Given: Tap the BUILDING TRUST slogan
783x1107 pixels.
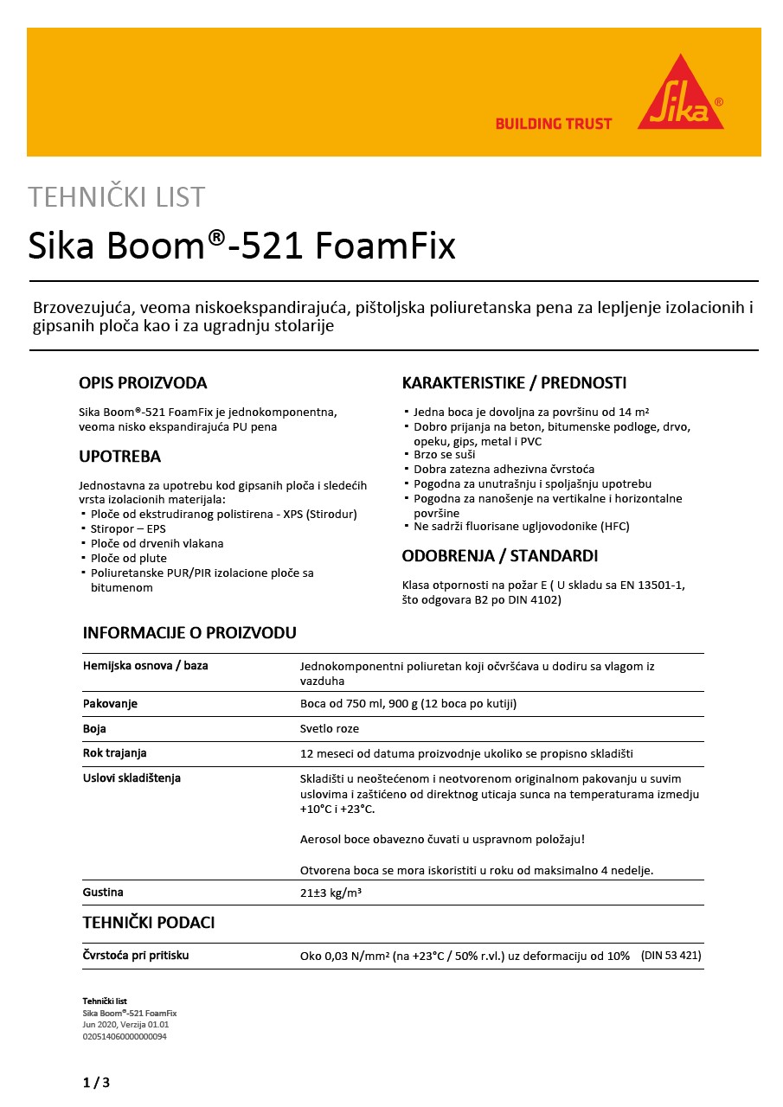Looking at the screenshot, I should [x=553, y=124].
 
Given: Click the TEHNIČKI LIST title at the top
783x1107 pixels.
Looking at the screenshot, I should [x=117, y=197].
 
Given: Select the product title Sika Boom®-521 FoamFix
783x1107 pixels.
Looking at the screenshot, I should [x=242, y=246].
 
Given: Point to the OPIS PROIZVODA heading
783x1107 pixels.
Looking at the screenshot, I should [x=143, y=383].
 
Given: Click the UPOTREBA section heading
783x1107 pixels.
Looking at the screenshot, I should [x=119, y=457].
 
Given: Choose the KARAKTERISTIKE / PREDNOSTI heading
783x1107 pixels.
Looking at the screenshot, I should [x=514, y=383].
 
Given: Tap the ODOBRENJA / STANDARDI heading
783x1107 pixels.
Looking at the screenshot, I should [x=500, y=556].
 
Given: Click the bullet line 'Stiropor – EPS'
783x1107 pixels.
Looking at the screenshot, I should [x=128, y=528].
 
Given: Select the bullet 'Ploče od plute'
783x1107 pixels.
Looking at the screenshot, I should [x=129, y=558].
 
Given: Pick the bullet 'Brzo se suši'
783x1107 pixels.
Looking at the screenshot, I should [x=446, y=454].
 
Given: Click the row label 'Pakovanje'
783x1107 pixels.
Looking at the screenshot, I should [x=110, y=704].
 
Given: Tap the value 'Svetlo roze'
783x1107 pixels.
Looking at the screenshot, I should [x=329, y=729].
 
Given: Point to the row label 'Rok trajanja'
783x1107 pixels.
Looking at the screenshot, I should [x=115, y=753].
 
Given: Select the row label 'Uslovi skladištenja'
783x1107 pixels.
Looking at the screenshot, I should [x=132, y=778].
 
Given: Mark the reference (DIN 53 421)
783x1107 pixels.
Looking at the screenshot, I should [x=671, y=956].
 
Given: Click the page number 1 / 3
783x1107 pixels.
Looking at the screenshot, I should [x=96, y=1083].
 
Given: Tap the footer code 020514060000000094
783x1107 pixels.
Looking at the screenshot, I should [x=125, y=1036].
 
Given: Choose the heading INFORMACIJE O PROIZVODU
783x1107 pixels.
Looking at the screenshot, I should [x=189, y=633].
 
